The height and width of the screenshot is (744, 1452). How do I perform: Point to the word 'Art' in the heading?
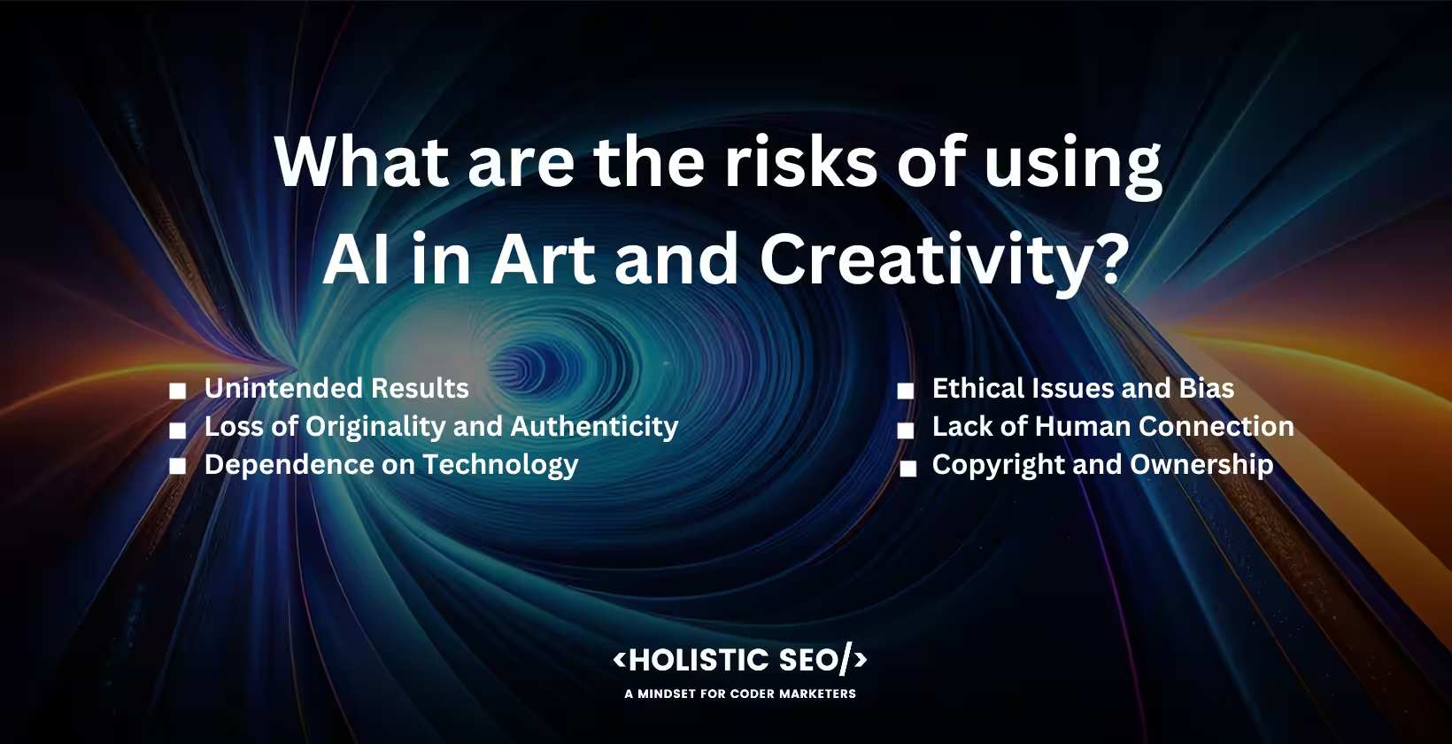543,260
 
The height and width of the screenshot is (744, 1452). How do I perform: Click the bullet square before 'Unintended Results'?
178,391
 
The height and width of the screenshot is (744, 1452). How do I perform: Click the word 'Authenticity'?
594,427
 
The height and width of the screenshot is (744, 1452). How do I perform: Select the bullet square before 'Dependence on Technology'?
178,467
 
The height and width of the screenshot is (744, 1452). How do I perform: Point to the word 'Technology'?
500,465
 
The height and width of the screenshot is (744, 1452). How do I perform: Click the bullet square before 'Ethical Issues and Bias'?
906,391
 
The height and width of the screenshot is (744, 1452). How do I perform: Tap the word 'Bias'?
1207,388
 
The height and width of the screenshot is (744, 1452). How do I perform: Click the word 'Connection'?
1216,426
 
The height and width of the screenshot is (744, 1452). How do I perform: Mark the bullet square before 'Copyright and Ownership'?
908,469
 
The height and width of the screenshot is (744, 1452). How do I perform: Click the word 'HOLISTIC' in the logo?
699,660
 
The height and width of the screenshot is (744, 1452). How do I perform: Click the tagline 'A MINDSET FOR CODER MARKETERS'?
740,694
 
